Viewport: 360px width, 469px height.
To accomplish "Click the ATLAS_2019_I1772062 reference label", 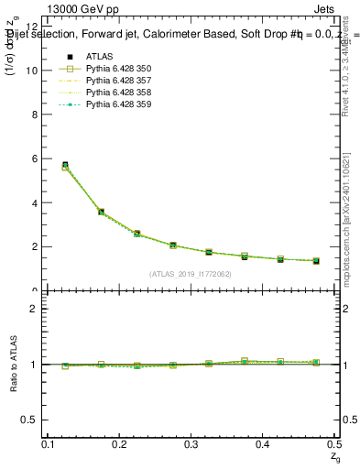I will (191, 273).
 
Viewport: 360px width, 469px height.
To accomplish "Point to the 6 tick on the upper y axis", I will (36, 158).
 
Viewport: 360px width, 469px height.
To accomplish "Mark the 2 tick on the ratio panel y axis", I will (36, 309).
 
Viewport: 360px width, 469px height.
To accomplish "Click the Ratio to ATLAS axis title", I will (14, 365).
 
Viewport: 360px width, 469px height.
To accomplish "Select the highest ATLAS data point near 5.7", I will (64, 165).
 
